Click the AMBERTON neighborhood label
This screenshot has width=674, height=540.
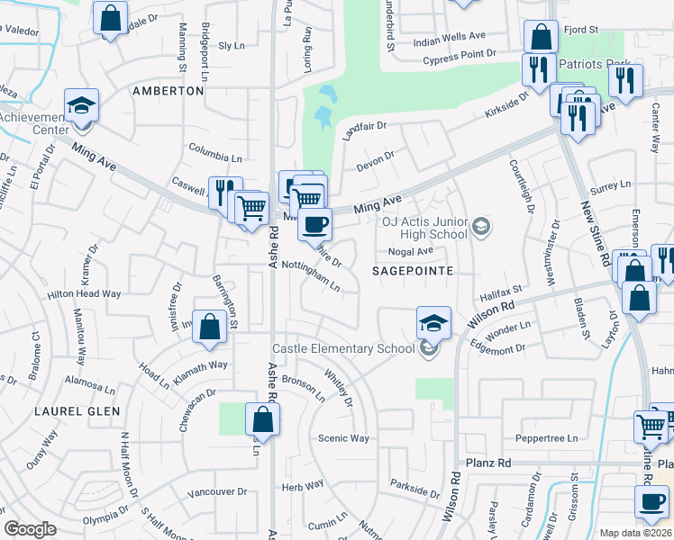coord(168,91)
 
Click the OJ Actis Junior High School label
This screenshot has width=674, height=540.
coord(425,229)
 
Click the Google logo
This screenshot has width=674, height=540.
coord(31,529)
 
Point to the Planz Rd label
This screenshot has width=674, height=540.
coord(488,463)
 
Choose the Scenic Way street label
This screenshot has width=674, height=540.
coord(343,438)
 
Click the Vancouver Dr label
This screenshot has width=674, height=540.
coord(217,492)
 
